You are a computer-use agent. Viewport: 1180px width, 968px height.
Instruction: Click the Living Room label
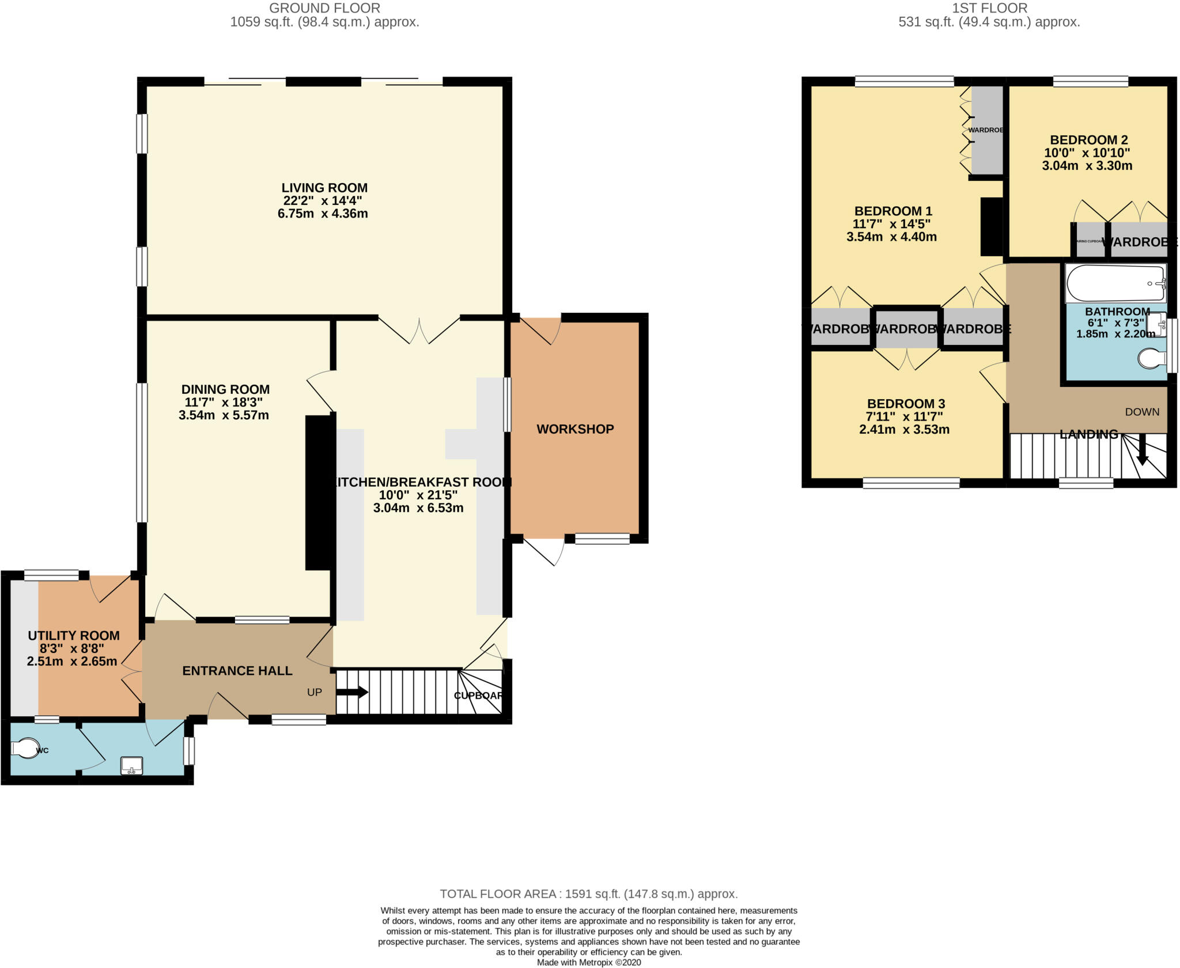(324, 188)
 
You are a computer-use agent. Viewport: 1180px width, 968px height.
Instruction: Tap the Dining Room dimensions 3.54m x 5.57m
(224, 415)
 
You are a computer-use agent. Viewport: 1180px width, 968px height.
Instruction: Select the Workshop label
(575, 429)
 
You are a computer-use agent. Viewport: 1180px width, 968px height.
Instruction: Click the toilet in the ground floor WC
(24, 749)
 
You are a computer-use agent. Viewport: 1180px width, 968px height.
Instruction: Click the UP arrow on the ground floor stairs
(352, 692)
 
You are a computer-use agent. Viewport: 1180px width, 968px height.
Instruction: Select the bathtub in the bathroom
(1115, 283)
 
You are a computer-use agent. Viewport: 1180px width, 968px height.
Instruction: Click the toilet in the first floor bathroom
(1152, 359)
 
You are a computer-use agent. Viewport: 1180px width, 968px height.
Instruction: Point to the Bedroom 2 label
(1088, 140)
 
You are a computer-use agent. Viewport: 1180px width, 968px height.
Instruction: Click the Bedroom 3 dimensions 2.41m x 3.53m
(904, 430)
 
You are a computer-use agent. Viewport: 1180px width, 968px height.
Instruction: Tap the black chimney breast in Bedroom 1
(992, 226)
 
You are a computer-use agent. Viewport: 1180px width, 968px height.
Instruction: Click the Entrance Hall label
(237, 671)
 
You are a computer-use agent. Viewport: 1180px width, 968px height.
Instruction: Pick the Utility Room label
(74, 636)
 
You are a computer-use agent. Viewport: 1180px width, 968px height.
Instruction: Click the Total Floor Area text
(588, 894)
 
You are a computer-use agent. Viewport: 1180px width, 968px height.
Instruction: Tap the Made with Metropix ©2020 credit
(588, 962)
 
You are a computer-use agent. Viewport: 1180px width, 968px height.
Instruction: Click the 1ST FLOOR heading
(989, 8)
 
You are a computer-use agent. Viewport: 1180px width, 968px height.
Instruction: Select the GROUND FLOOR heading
(324, 8)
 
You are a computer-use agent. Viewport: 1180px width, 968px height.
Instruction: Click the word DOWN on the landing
(1142, 412)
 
